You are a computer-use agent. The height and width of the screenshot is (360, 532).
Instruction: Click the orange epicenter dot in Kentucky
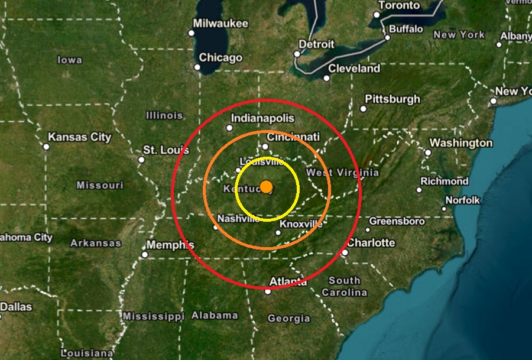point(266,187)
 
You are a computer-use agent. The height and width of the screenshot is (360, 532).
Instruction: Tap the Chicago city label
point(220,58)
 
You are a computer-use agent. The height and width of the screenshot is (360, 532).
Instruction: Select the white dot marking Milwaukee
point(191,33)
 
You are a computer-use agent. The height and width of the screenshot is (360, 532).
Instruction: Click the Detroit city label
point(316,44)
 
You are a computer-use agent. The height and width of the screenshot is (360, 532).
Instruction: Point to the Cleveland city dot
point(326,78)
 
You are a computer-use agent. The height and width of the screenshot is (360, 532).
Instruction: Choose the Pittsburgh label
point(392,99)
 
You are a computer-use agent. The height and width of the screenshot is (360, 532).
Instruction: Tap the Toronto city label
point(399,5)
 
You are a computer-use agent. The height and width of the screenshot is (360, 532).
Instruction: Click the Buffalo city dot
point(388,38)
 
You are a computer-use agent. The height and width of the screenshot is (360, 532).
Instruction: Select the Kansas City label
point(79,137)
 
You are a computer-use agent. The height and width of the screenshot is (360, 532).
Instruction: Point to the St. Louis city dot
point(141,160)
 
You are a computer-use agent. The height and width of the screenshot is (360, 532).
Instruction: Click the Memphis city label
point(170,245)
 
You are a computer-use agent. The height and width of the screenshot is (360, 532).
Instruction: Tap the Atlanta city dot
point(268,291)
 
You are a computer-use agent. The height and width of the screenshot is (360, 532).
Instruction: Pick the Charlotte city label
point(371,243)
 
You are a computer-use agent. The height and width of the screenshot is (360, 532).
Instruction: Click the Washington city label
point(460,143)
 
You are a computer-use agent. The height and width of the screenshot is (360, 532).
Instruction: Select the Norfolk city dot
point(445,209)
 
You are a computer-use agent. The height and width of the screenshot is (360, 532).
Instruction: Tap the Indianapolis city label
point(262,118)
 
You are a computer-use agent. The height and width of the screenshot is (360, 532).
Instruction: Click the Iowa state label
point(70,60)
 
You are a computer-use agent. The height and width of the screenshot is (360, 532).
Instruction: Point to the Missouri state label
point(100,186)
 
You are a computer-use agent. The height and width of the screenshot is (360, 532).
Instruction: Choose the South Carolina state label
point(345,287)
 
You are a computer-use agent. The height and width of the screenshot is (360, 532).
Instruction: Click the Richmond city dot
point(419,190)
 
